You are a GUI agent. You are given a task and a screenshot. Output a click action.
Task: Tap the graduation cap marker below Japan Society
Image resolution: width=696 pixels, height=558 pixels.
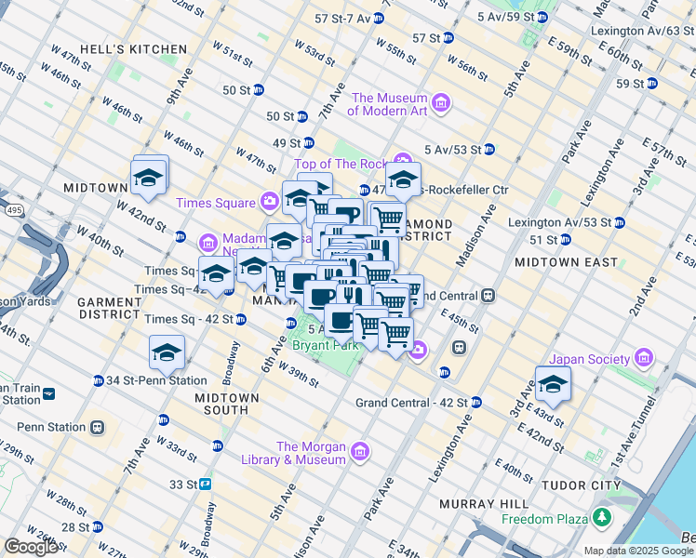coord(553,385)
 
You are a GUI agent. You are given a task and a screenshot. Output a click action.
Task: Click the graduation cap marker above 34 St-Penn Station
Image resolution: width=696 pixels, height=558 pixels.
coord(167,353)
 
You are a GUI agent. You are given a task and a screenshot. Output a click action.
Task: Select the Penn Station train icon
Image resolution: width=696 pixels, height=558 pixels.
coord(98,428)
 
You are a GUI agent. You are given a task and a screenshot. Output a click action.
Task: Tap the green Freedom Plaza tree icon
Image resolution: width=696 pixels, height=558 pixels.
coord(604,518)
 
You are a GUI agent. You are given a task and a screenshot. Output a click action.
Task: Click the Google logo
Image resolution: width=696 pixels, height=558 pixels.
coord(32,547)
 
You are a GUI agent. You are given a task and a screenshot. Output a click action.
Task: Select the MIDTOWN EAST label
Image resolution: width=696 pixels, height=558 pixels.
coord(566,262)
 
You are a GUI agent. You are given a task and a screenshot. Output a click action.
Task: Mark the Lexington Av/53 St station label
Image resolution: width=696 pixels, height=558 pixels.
coord(558,222)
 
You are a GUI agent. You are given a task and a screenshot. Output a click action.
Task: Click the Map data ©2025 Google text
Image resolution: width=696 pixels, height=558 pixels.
coord(637,550)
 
